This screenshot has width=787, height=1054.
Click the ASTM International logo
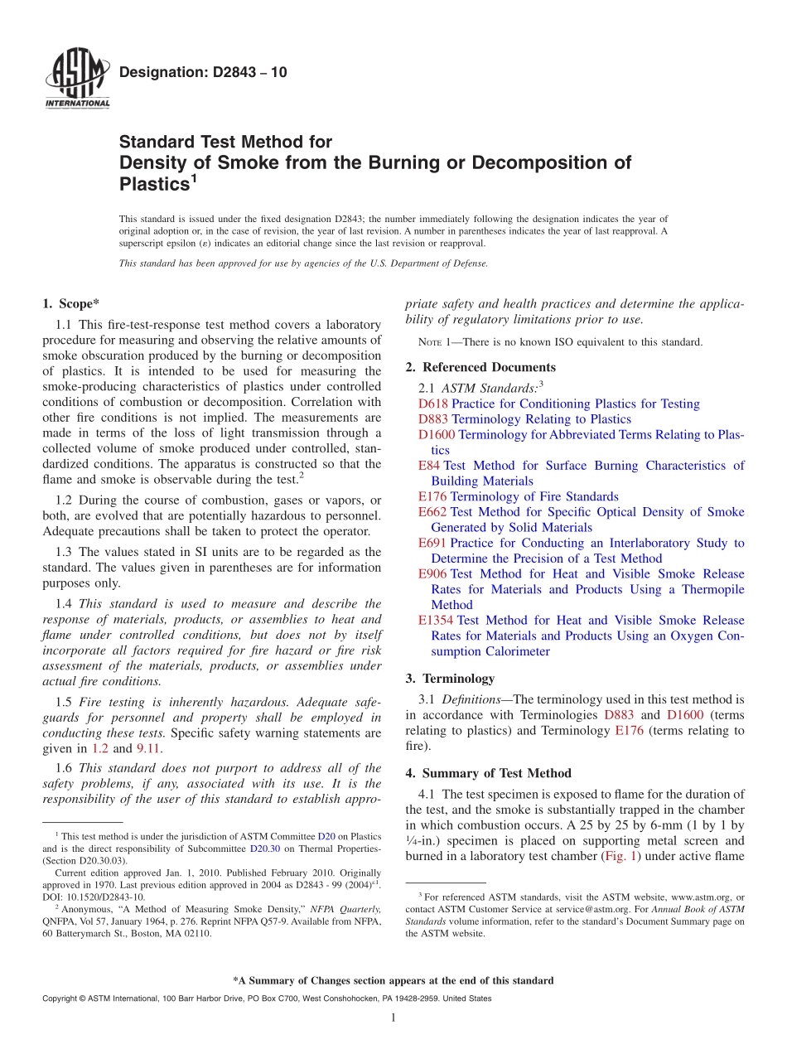(x=76, y=78)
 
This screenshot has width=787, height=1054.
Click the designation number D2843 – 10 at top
(x=204, y=72)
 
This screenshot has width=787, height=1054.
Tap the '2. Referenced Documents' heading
(x=480, y=367)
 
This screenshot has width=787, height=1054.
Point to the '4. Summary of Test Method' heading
(x=488, y=773)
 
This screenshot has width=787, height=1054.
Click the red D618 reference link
(x=433, y=404)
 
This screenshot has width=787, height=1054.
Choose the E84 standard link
(x=429, y=466)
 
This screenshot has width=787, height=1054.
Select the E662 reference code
(x=432, y=512)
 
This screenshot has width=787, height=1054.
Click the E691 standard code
(x=432, y=543)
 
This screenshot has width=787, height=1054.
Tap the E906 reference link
(x=432, y=573)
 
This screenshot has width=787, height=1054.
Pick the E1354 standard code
(x=436, y=620)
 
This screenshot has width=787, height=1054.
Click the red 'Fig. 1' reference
(x=619, y=856)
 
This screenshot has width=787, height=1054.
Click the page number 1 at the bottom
(x=393, y=1018)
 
